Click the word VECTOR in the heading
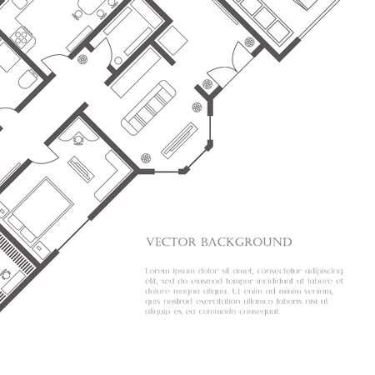click(x=170, y=242)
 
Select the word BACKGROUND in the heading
click(x=244, y=242)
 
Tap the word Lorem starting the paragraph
click(x=158, y=272)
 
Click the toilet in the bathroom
click(x=26, y=80)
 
